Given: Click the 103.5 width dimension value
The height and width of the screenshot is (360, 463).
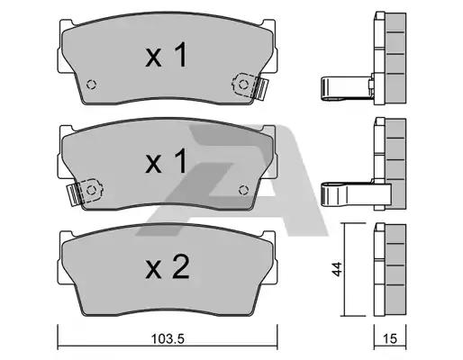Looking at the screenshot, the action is coord(168,338).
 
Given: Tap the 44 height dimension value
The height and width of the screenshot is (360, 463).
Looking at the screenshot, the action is coord(337,269).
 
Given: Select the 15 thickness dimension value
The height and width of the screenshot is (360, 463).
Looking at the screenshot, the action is coord(390,338).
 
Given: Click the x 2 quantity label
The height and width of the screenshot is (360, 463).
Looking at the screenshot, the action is coord(168,267).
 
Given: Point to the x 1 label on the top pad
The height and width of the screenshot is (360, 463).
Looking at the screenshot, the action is coord(166,55).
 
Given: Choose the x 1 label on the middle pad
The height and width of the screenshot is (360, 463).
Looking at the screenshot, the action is coord(166,161).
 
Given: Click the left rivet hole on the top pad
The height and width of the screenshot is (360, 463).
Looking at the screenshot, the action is coord(91,85).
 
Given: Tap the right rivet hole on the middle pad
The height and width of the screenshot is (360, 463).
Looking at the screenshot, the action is coord(243,190).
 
